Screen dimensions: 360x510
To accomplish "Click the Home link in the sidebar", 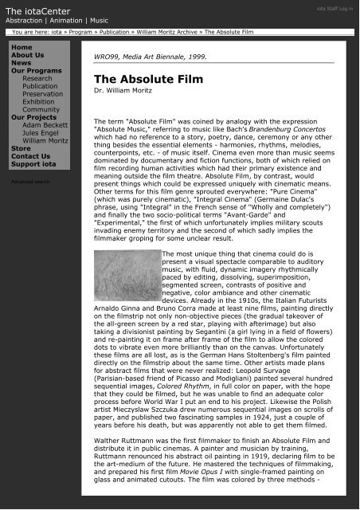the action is tap(22, 48).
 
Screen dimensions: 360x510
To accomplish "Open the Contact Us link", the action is tap(30, 156).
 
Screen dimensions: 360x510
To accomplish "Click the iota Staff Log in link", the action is tap(330, 8).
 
